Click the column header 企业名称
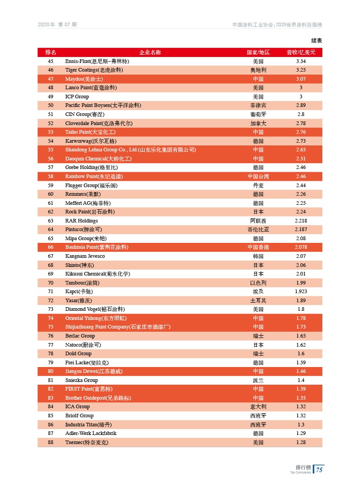150,52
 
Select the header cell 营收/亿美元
301,52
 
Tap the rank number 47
51,79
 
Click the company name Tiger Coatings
94,70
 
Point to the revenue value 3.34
301,61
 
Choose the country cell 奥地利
258,70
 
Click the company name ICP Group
77,97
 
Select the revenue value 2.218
301,221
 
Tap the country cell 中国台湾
258,176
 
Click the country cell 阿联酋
258,221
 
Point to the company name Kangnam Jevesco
85,256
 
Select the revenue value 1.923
301,291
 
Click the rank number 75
51,327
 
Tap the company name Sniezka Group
82,380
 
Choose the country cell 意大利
258,406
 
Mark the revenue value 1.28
301,442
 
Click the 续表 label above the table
316,40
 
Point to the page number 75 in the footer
319,470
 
